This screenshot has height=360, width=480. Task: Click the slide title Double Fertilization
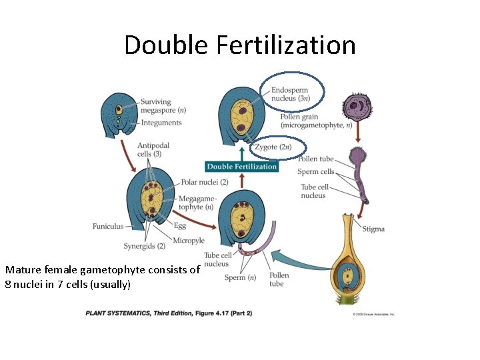[x=239, y=45]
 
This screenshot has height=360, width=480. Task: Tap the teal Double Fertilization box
[x=241, y=167]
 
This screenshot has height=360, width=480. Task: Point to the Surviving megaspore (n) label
[x=163, y=107]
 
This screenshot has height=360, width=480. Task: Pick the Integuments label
[x=161, y=123]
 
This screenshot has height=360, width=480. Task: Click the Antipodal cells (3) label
[x=153, y=150]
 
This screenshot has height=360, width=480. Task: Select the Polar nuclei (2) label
[x=205, y=182]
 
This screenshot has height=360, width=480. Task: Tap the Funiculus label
[x=107, y=227]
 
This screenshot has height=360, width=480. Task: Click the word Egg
[x=179, y=226]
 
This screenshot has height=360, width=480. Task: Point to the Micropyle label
[x=188, y=241]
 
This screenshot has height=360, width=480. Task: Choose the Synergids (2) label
[x=144, y=247]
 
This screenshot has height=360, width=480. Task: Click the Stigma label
[x=373, y=229]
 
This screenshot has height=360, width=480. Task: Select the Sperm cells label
[x=316, y=172]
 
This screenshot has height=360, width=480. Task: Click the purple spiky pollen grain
[x=357, y=107]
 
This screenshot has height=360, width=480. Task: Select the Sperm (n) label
[x=240, y=277]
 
